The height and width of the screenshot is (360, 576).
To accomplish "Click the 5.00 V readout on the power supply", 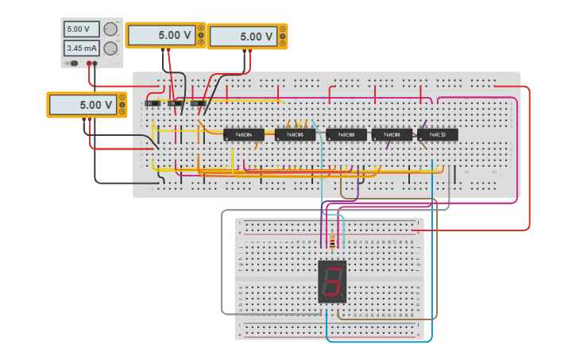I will click(x=82, y=29).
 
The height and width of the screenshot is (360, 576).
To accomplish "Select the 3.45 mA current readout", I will click(x=82, y=48).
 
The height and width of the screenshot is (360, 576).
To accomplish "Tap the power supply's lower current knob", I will click(x=110, y=48).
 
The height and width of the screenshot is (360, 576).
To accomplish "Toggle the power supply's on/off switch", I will click(x=72, y=63).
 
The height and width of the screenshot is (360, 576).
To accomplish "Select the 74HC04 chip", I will click(x=244, y=135).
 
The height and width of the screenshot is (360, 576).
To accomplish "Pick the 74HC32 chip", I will click(x=437, y=134).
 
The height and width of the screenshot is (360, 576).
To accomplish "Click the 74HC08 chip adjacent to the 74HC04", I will click(x=295, y=135).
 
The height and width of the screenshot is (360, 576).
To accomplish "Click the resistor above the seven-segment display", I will click(x=331, y=243).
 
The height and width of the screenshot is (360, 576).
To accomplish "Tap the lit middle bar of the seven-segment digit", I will click(x=333, y=281).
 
